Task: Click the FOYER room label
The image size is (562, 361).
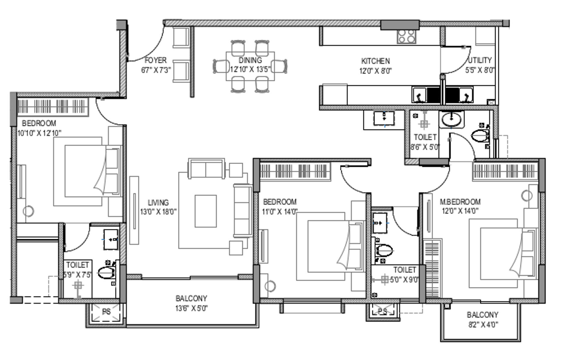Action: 155,60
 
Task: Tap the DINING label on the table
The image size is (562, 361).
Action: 250,60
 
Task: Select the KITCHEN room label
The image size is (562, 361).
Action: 375,61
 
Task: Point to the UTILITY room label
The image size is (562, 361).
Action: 480,60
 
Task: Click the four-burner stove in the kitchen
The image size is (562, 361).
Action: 406,37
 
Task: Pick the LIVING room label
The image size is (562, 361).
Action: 158,202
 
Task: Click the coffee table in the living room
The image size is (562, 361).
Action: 206,211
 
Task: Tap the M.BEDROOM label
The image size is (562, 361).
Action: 460,202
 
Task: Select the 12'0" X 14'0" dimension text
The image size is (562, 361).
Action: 460,211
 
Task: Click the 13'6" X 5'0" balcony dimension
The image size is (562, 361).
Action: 192,308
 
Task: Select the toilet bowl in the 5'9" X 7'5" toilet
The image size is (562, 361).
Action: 106,273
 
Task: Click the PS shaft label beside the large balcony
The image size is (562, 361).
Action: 106,312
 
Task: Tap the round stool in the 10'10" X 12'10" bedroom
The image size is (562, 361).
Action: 28,211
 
